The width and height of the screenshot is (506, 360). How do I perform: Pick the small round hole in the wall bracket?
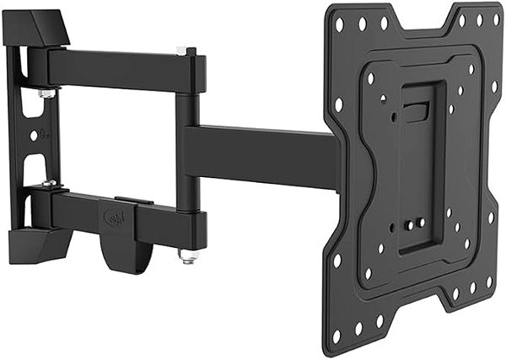tap(34, 135)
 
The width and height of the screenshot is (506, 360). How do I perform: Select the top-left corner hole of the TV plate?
tap(339, 26)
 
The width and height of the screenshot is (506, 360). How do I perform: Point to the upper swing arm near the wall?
tap(118, 65)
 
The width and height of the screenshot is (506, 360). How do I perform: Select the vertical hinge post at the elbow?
tap(187, 152)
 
